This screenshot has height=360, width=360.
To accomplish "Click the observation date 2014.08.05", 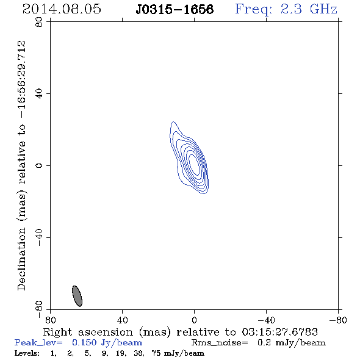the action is [x=62, y=9].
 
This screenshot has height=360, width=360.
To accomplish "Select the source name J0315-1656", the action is [x=175, y=9].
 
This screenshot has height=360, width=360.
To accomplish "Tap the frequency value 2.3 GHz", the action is [x=309, y=9].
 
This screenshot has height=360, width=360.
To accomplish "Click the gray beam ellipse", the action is [x=77, y=296].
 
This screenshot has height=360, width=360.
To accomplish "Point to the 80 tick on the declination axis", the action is [x=39, y=22].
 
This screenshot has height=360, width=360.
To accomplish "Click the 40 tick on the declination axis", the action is [x=39, y=94].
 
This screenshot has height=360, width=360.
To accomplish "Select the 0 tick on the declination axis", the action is [x=39, y=165].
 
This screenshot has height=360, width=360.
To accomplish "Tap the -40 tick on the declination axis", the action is [x=39, y=237].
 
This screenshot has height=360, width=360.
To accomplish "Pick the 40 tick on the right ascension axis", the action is [x=122, y=320].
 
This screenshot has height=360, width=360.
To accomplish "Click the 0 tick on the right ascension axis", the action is [x=194, y=320].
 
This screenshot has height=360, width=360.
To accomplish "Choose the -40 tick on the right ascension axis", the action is [x=266, y=320].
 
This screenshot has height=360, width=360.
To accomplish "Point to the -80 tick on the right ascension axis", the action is [x=338, y=320].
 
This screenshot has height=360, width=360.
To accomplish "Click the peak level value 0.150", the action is [x=84, y=342].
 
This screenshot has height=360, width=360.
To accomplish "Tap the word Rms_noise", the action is [x=220, y=343].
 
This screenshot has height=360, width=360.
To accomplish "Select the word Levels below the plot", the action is [x=27, y=353].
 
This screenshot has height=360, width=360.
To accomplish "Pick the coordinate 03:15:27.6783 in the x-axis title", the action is [x=280, y=332].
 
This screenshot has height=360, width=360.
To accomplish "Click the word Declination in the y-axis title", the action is [x=21, y=259].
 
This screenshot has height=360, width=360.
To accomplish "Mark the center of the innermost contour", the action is [x=194, y=165].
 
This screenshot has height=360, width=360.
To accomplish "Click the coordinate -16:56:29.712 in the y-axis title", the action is [x=22, y=79].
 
